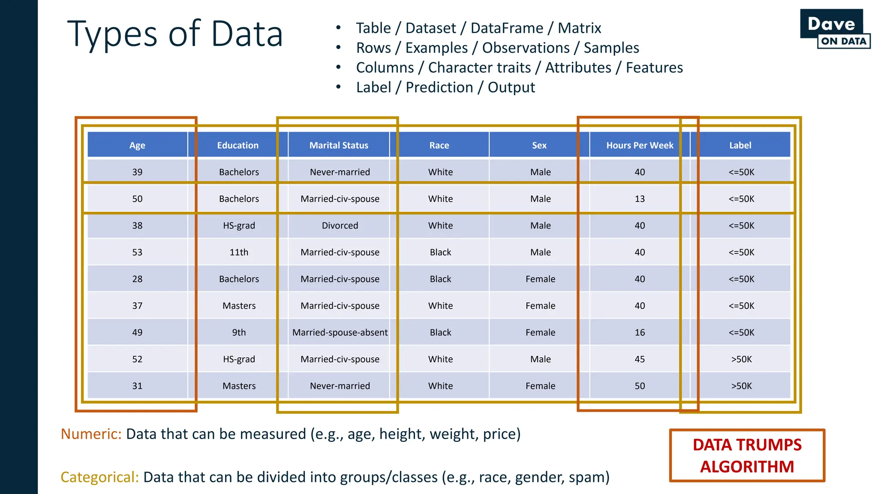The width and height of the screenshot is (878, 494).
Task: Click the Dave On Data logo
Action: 834,29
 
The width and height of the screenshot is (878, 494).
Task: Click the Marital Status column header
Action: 339,145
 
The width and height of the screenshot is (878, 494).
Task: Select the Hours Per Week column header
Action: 639,145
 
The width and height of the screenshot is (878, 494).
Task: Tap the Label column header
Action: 740,145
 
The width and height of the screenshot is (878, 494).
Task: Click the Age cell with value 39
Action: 137,172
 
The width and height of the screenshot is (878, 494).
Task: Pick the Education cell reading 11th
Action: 239,252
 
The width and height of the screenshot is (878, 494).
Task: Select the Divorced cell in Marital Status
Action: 340,226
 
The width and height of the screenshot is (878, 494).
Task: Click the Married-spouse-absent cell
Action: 340,332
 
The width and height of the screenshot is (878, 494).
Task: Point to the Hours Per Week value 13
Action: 639,199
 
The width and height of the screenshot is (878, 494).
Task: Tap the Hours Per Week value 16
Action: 639,332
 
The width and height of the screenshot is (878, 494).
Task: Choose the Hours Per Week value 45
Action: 639,359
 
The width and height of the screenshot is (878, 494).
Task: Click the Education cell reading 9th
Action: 239,332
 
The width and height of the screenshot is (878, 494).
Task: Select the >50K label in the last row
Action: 741,386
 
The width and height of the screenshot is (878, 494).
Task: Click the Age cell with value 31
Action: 137,386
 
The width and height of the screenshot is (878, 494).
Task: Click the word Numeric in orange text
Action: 91,434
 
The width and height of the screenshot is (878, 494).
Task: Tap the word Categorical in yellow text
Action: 99,477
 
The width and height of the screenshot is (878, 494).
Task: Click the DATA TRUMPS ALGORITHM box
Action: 747,455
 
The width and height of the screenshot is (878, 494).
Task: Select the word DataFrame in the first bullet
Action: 507,28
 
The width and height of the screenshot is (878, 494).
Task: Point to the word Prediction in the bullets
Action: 439,87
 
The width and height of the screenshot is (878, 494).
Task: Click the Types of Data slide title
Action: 175,34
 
